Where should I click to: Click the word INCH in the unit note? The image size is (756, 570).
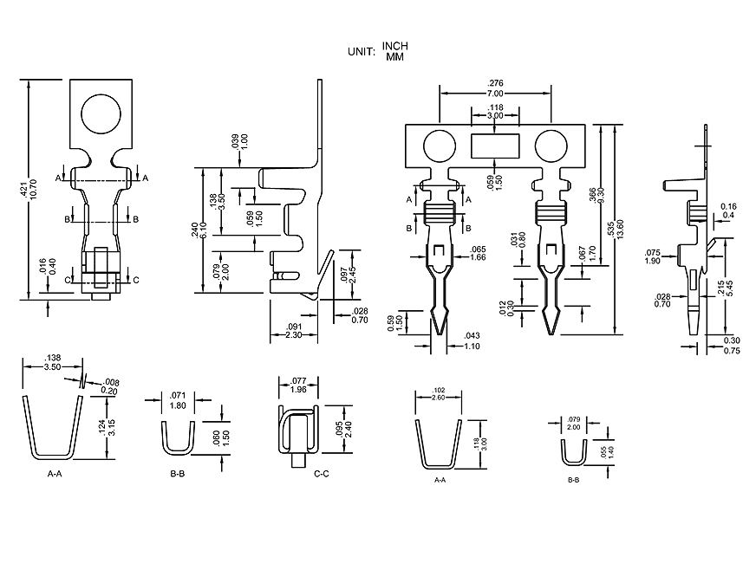[x=394, y=46]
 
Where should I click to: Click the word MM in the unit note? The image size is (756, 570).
[x=395, y=56]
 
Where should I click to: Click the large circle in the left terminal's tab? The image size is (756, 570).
[x=103, y=113]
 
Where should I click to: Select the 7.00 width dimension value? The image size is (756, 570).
[x=494, y=92]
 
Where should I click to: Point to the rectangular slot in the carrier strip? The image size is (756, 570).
[x=494, y=145]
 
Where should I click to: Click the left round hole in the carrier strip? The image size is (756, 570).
[x=440, y=145]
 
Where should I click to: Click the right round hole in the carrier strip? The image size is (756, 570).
[x=551, y=145]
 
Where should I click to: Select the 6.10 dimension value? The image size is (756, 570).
[x=204, y=230]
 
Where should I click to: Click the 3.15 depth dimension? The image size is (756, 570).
[x=111, y=427]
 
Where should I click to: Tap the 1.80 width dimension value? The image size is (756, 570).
[x=179, y=405]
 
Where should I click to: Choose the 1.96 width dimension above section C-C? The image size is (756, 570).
[x=298, y=388]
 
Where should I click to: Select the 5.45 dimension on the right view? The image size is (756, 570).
[x=731, y=288]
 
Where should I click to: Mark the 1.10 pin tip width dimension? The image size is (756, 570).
[x=472, y=346]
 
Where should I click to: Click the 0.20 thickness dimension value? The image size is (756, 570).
[x=110, y=391]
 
